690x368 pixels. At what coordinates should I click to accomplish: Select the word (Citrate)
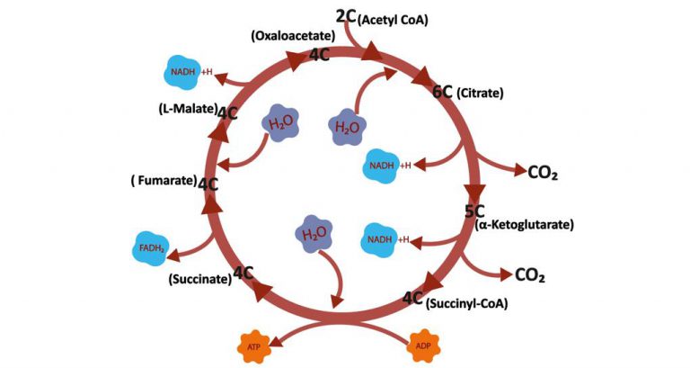click(x=480, y=93)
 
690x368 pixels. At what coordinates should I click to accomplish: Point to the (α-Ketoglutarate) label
click(x=524, y=224)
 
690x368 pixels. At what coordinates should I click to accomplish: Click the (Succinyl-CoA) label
click(x=466, y=303)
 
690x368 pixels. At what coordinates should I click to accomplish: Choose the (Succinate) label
click(x=199, y=279)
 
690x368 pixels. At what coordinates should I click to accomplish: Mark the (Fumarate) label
click(x=163, y=181)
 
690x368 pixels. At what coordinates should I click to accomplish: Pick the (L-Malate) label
click(x=184, y=110)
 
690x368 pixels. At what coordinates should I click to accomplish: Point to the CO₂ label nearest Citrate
click(x=544, y=172)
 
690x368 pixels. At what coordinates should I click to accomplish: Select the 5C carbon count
click(x=474, y=211)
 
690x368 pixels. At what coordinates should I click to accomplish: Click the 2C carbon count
click(x=346, y=15)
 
